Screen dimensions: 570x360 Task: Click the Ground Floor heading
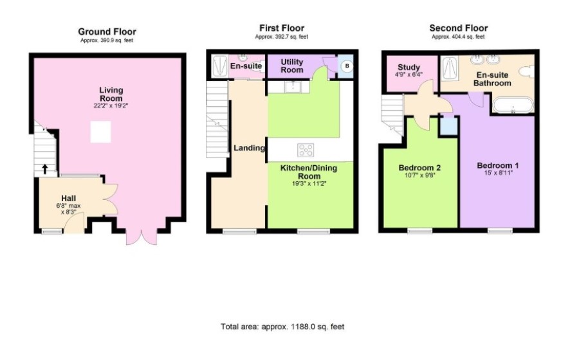(107, 32)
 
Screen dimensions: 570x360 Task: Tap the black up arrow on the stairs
(45, 169)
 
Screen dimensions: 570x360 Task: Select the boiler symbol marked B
(347, 66)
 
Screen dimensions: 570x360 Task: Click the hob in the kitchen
(306, 150)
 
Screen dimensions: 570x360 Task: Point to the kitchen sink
(292, 87)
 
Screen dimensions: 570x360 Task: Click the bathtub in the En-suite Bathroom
(513, 105)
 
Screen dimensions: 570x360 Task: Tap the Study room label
(409, 67)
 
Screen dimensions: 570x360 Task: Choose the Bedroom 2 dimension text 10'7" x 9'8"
(419, 175)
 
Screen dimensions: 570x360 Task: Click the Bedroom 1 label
(498, 166)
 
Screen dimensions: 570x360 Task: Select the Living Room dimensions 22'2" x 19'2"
(111, 106)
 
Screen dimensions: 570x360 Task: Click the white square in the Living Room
(101, 132)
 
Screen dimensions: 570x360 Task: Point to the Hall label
(68, 199)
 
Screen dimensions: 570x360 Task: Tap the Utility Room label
(292, 66)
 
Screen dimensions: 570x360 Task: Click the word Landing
(249, 148)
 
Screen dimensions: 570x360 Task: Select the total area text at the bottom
(282, 327)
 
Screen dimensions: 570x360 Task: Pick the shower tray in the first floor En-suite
(219, 66)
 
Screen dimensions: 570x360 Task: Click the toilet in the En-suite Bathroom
(526, 71)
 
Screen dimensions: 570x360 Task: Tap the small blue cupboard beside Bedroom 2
(448, 127)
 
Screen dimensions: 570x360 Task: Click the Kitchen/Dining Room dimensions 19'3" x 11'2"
(309, 184)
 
